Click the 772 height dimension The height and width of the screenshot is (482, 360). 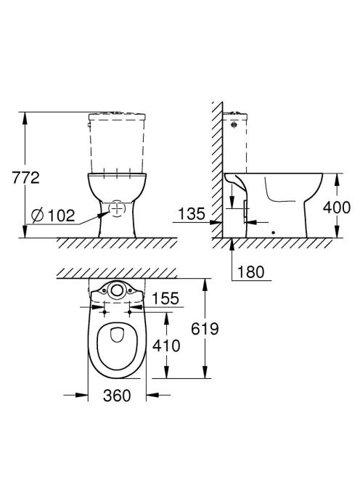pos(26,178)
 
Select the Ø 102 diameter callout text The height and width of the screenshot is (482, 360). pos(53,215)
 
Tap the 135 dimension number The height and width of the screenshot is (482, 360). pos(191,213)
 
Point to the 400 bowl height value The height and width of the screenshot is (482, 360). pos(336,208)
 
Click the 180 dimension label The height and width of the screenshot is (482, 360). pos(250,272)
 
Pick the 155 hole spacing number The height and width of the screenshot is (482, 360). pos(165,298)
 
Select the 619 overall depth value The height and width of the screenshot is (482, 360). pos(205,329)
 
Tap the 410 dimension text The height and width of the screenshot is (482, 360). pos(166,346)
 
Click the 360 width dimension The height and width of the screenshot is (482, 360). pos(117,396)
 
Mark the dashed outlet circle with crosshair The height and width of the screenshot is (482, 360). pos(117,208)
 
